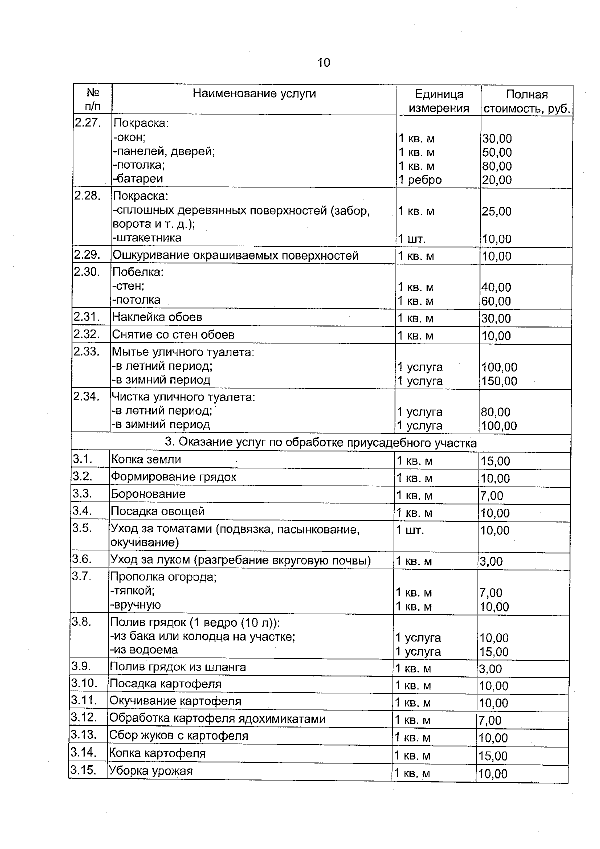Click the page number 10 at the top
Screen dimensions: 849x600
coord(323,63)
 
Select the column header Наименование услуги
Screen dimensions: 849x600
coord(254,93)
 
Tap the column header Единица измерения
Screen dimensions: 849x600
coord(439,101)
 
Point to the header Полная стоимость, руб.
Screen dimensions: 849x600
coord(527,102)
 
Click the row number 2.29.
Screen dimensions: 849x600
coord(87,255)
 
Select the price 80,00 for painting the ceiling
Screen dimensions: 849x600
coord(497,166)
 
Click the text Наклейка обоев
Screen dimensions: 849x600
coord(157,317)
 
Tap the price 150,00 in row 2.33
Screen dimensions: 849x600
coord(499,381)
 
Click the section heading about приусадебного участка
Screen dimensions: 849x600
coord(320,443)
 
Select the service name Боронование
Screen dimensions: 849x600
coord(148,494)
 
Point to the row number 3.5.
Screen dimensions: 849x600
coord(82,528)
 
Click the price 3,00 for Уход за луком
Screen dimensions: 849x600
coord(491,562)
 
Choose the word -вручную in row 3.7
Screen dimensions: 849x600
coord(135,605)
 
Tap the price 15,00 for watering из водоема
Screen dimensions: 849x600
coord(494,652)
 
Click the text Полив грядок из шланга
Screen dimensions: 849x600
coord(178,667)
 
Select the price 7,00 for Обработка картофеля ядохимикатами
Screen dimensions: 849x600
coord(490,721)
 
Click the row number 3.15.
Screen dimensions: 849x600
coord(83,770)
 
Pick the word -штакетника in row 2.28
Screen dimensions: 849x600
coord(146,238)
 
